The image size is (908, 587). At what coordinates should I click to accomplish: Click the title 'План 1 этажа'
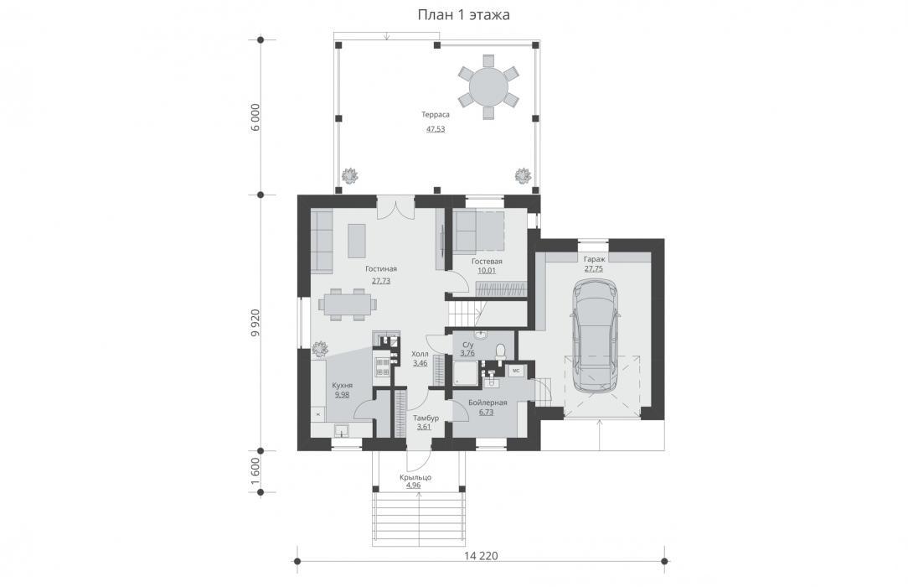point(463,14)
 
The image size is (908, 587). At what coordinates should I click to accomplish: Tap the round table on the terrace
point(488,87)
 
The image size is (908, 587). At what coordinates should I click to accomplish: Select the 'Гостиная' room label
point(381,269)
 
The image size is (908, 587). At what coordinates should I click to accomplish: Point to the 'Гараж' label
point(594,260)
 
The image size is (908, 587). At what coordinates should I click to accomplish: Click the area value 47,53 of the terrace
point(436,129)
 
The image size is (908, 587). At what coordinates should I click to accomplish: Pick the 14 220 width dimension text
point(481,556)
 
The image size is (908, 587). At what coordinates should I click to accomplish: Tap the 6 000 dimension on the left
point(256,118)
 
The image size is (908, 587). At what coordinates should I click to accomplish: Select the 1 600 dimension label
point(256,471)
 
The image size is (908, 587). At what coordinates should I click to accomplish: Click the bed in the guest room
point(477,231)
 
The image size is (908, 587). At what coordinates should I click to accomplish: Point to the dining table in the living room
point(345,304)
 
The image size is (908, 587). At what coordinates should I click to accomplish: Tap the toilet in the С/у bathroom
point(501,351)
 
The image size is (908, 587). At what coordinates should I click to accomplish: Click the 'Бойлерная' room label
point(488,403)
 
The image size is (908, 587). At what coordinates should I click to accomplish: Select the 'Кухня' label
point(342,386)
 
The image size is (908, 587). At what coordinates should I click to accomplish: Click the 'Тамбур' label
point(426,418)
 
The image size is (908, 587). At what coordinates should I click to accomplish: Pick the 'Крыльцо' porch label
point(415,477)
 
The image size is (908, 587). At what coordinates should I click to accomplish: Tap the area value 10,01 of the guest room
point(487,270)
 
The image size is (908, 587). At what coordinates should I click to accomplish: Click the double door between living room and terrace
point(396,209)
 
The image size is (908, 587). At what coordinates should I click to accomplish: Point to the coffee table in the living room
point(357,241)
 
